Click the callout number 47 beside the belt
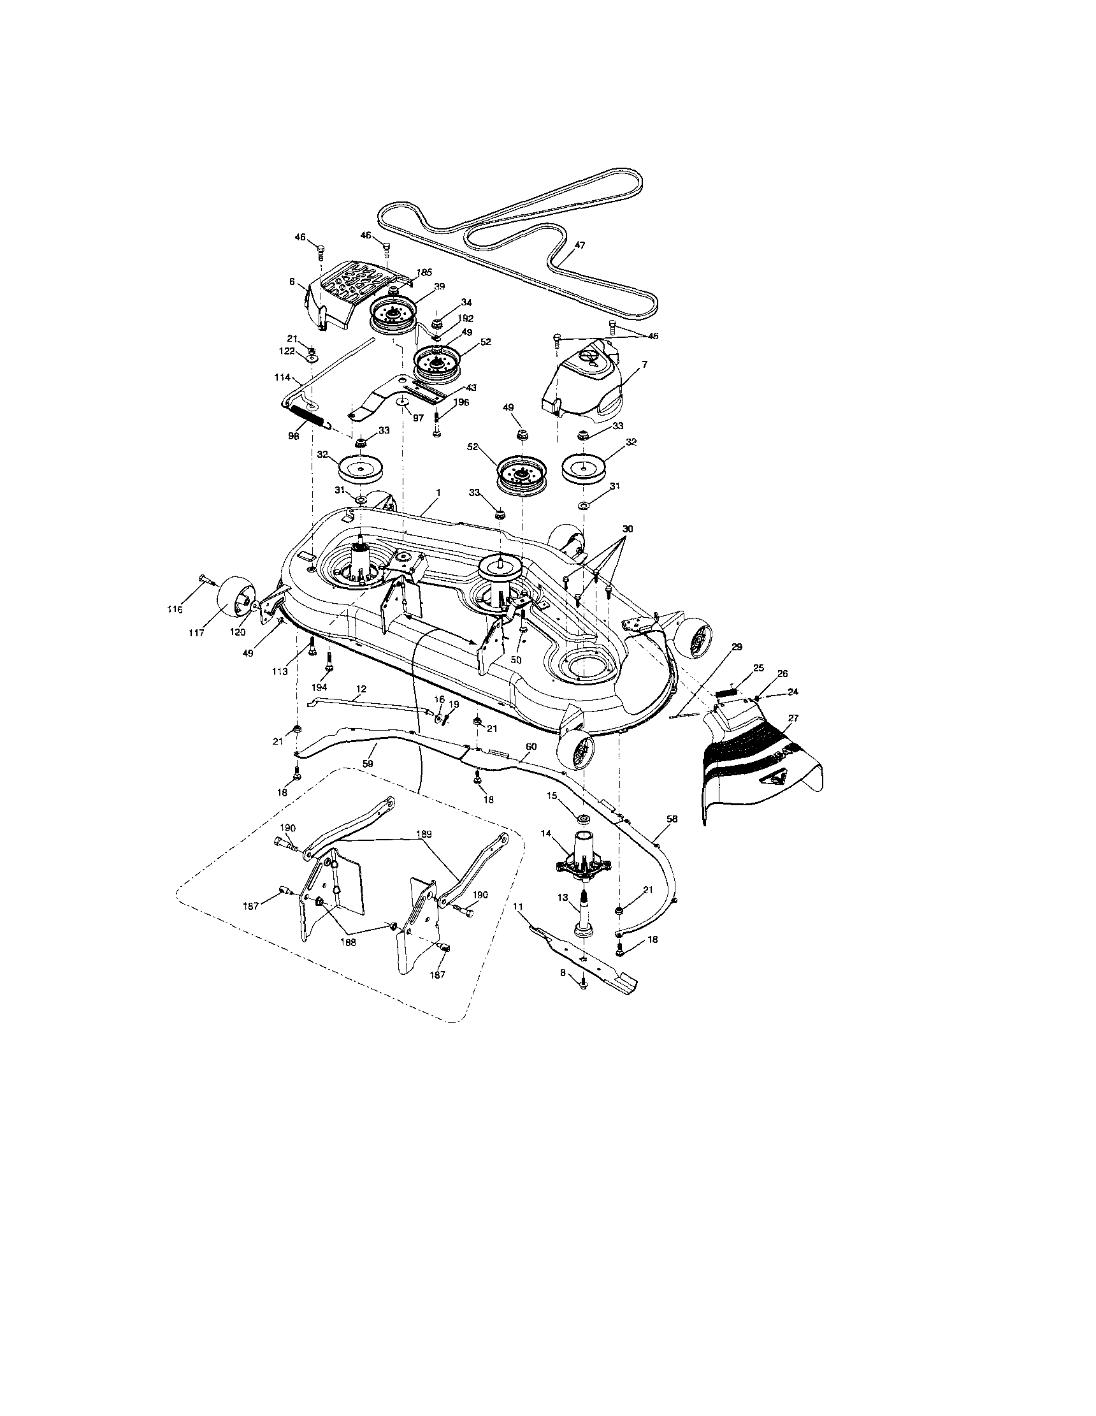(579, 245)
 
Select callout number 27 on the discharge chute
(793, 718)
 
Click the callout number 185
(424, 272)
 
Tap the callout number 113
(279, 672)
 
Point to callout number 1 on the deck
(438, 493)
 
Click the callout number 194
(319, 687)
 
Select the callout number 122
(296, 351)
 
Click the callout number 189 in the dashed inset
(425, 833)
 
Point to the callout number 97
(418, 418)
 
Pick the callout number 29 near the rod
(736, 646)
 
